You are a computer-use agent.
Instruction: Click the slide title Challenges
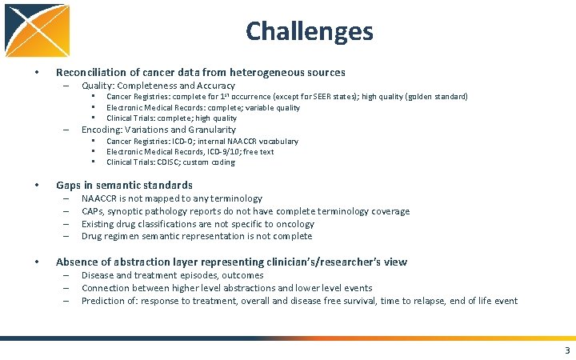click(x=309, y=31)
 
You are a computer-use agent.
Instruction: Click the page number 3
click(x=567, y=351)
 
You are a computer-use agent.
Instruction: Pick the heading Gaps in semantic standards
click(x=124, y=186)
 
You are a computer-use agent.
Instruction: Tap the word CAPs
click(x=92, y=211)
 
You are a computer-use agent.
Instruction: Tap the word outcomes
click(x=242, y=275)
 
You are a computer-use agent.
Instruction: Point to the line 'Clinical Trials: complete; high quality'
click(x=171, y=118)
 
